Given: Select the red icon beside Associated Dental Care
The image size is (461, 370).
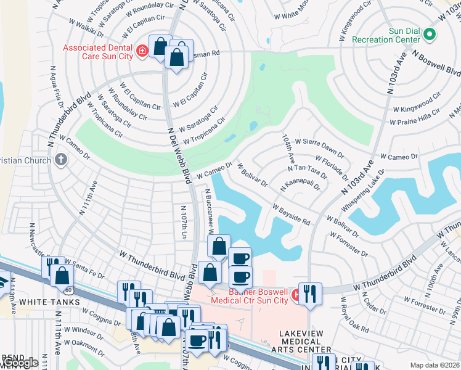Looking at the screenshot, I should pos(142,50).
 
